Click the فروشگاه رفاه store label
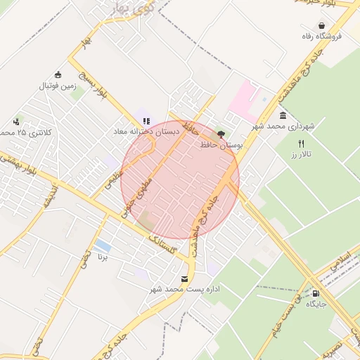[321, 35]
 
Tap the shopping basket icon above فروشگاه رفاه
[321, 24]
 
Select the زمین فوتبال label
[57, 86]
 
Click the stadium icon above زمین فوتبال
[58, 75]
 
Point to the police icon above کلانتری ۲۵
[15, 121]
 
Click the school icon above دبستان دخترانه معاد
[146, 120]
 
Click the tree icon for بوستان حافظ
[221, 133]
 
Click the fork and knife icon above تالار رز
[301, 143]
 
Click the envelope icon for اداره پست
[185, 279]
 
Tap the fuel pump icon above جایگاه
[316, 294]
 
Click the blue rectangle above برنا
[103, 245]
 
